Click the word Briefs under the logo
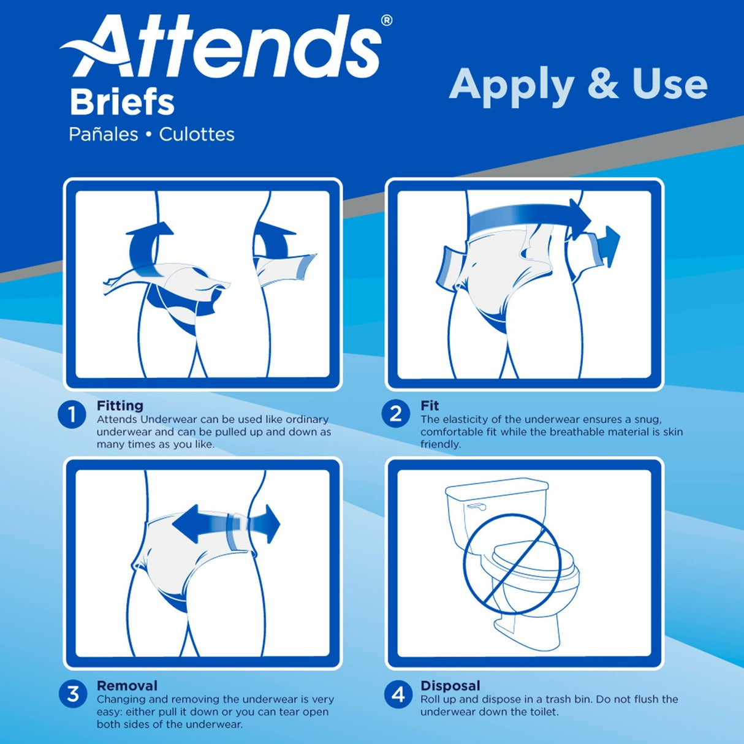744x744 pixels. coord(122,103)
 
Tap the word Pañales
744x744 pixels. coord(103,134)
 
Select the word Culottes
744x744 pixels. coord(197,134)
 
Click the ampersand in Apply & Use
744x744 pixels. coord(603,84)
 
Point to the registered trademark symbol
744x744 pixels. coord(387,20)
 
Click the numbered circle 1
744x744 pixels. coord(72,415)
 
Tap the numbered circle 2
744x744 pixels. coord(396,414)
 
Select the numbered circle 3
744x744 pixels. coord(73,694)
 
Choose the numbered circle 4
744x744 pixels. coord(398,694)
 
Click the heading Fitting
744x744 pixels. coord(120,406)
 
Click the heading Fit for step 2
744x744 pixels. coord(430,406)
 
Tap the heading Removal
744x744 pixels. coord(127,686)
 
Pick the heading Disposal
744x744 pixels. coord(450,686)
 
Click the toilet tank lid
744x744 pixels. coord(496,487)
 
